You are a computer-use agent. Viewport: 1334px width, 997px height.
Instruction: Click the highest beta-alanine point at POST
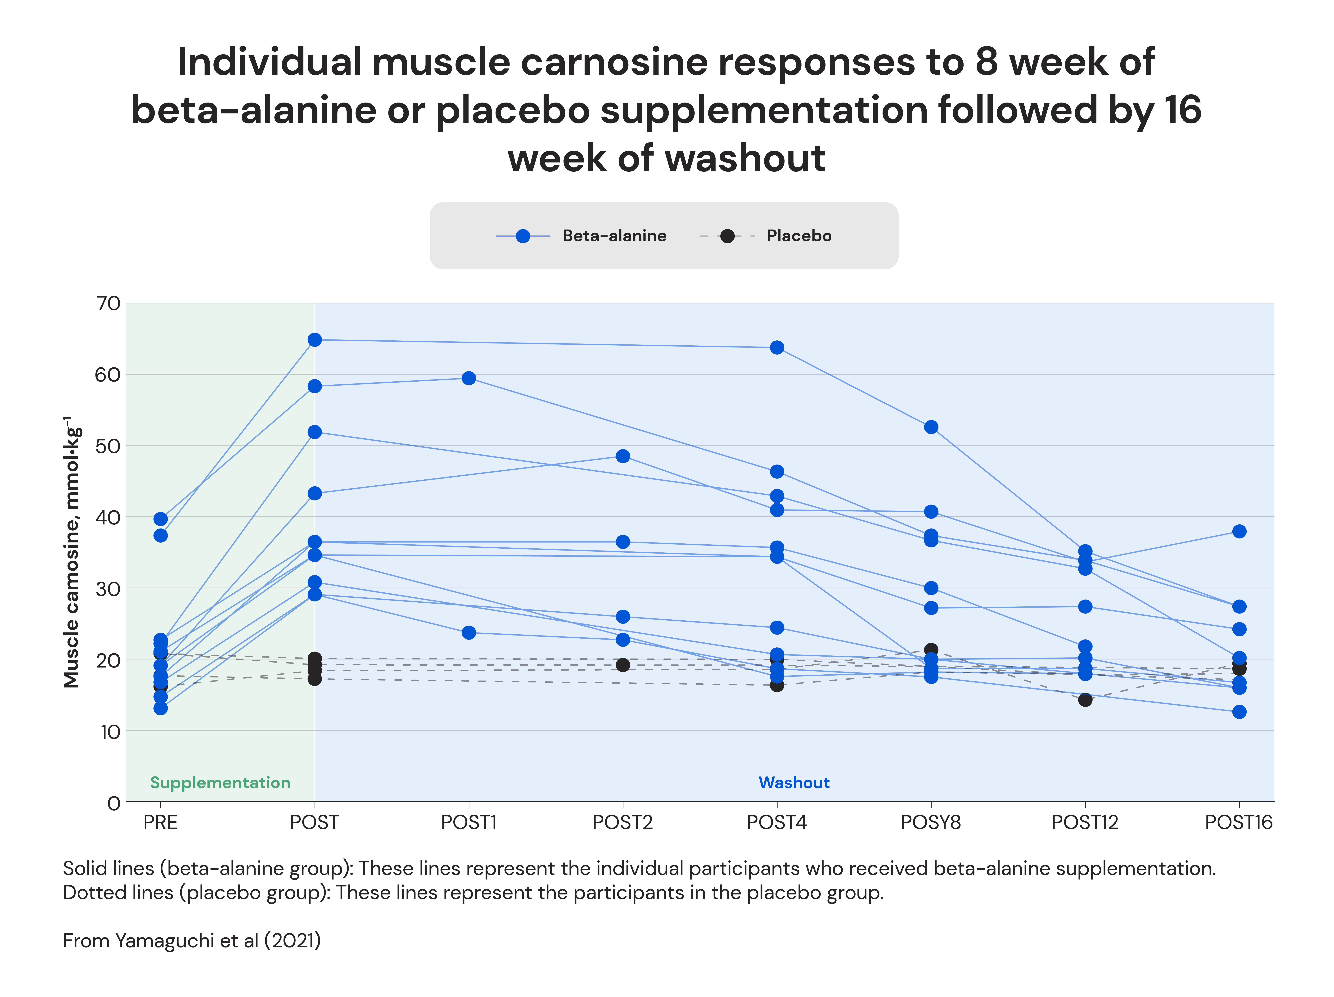[314, 340]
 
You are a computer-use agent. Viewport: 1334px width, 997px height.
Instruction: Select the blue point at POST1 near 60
[469, 378]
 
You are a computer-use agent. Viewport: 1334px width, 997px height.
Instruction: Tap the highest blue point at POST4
[777, 347]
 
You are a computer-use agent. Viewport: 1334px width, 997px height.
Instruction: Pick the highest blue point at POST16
[1239, 531]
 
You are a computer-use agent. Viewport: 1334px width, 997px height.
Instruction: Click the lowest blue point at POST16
[1239, 712]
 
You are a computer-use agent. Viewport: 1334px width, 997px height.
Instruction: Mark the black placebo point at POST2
[622, 665]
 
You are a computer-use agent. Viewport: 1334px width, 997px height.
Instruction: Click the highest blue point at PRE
[160, 519]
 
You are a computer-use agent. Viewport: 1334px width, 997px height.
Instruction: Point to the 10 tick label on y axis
[110, 732]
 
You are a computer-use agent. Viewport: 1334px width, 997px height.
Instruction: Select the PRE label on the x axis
[160, 822]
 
